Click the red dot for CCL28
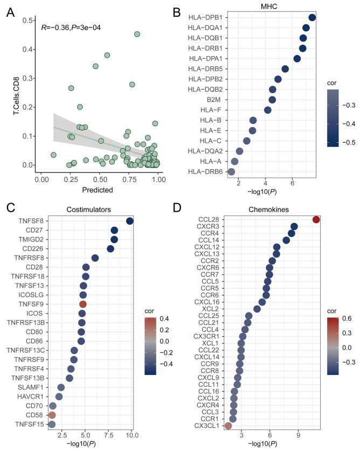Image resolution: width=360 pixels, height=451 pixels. point(316,219)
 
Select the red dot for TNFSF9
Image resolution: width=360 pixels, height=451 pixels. point(83,305)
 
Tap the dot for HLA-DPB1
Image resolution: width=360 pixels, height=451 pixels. point(312,18)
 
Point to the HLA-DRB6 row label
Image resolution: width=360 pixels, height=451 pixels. point(205,171)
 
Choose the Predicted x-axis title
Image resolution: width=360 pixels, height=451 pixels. point(98,189)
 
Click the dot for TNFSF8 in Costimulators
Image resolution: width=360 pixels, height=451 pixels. point(130,221)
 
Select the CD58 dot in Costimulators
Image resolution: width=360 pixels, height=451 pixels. point(52,415)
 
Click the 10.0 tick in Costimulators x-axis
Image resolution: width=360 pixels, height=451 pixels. point(131,434)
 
